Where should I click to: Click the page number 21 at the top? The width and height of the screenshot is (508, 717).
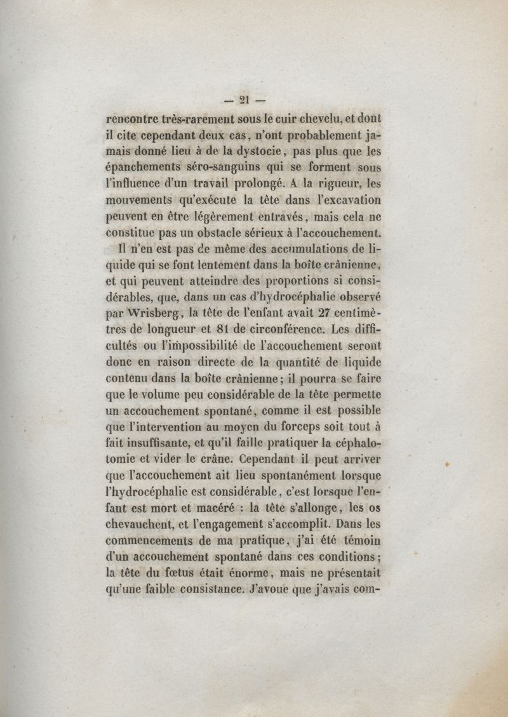[x=244, y=98]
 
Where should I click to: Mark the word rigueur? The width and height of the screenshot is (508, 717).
[x=330, y=185]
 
